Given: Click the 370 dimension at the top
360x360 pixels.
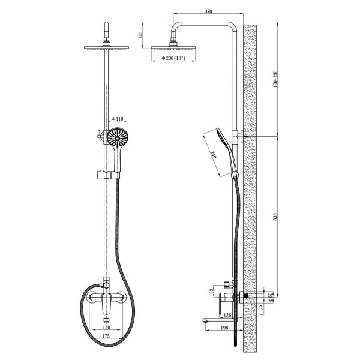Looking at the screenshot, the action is (x=208, y=11).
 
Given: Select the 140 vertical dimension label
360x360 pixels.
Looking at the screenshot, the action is (x=141, y=35).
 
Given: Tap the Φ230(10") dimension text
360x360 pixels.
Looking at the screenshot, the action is (x=173, y=58).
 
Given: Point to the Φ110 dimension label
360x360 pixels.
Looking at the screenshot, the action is (x=118, y=119).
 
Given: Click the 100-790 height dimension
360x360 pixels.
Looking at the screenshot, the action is (x=275, y=79).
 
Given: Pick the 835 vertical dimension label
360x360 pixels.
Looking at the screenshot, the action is (x=275, y=217).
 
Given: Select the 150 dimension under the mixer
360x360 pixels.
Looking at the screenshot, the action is (x=106, y=327).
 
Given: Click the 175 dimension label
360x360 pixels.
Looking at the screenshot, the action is (x=106, y=336).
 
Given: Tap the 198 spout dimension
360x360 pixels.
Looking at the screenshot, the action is (x=224, y=328).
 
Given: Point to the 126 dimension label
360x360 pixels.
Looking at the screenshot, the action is (x=227, y=315).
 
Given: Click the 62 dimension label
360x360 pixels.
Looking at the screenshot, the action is (x=212, y=291).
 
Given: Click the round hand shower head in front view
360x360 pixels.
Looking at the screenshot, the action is (x=118, y=138).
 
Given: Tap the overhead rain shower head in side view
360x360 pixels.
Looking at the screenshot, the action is (x=173, y=48).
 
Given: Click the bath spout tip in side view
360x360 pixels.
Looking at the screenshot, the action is (x=204, y=320).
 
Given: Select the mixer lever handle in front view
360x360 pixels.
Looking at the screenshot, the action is (x=106, y=304).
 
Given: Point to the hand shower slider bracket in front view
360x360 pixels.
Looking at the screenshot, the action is (x=108, y=175).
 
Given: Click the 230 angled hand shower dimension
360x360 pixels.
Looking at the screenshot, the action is (x=213, y=156).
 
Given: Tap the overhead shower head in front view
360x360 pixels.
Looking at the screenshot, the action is (x=106, y=48).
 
